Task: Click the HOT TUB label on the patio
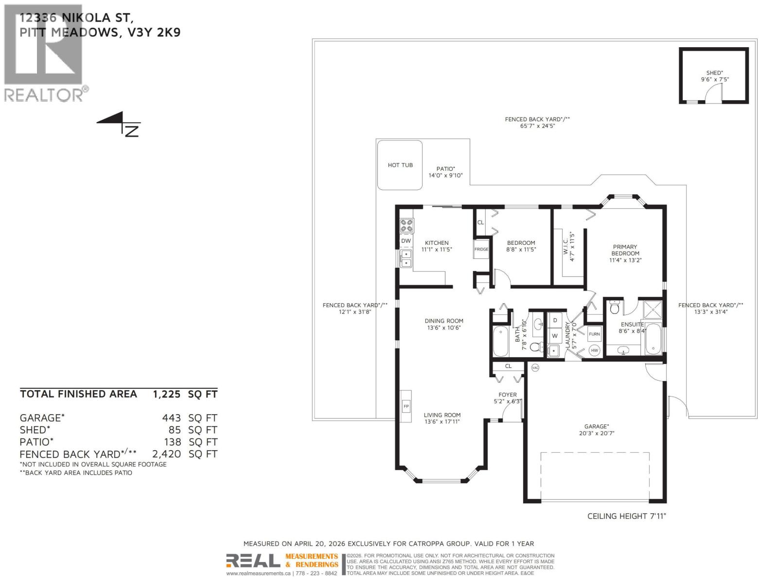(400, 165)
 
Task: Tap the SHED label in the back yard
(714, 73)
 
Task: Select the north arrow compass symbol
(120, 124)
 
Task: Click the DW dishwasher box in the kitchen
(406, 241)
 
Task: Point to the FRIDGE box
(481, 249)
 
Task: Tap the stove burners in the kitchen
(407, 225)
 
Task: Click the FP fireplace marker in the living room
(406, 406)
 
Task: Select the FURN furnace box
(594, 334)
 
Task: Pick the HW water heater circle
(594, 350)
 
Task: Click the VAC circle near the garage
(535, 367)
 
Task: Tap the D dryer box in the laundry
(555, 321)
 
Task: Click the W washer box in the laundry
(555, 336)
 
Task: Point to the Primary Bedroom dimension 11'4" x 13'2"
(625, 260)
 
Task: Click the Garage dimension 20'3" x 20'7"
(597, 433)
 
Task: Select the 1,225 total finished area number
(167, 394)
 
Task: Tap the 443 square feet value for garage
(171, 418)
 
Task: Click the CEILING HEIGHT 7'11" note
(626, 516)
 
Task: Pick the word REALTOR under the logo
(44, 95)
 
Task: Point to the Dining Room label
(443, 321)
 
